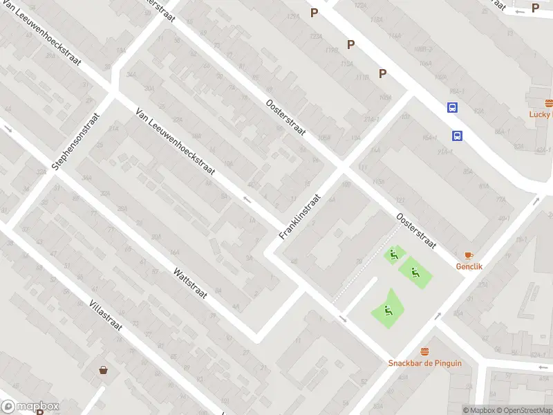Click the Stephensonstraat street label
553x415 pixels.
(x=76, y=142)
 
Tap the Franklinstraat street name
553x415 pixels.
(x=301, y=216)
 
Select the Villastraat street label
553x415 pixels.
(x=105, y=315)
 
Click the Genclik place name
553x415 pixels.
(x=469, y=266)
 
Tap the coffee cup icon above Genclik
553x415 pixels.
(x=469, y=255)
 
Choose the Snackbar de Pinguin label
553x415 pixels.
(x=424, y=363)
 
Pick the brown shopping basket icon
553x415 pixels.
(x=103, y=370)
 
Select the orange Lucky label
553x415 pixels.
(x=541, y=115)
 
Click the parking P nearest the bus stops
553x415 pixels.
(x=382, y=73)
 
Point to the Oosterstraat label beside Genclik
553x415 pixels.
(x=416, y=230)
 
